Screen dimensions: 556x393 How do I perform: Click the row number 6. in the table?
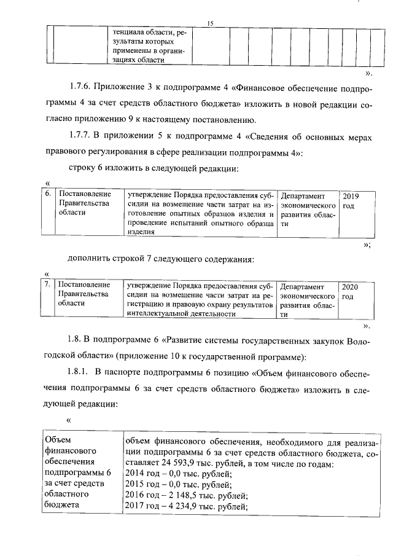point(49,195)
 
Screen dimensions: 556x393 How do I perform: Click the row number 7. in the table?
point(49,285)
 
